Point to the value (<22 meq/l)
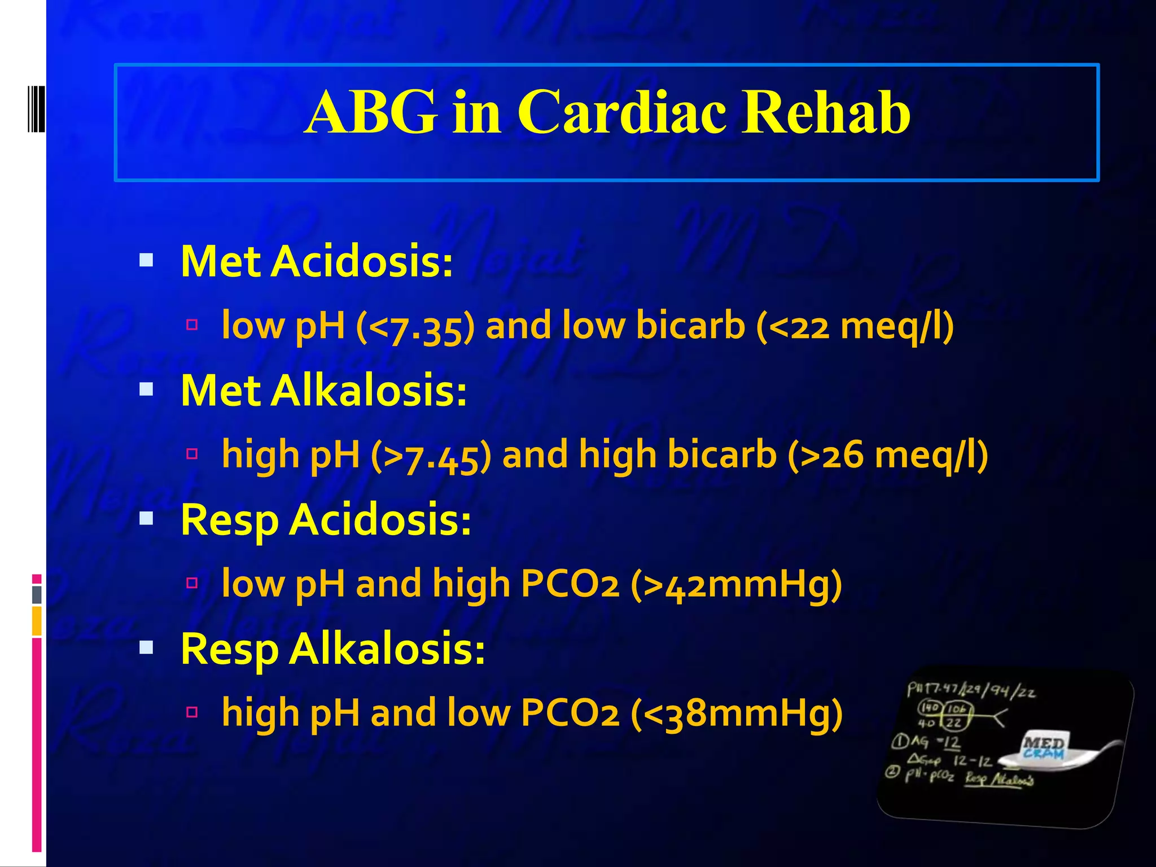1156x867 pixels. point(855,327)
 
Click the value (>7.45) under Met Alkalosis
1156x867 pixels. point(431,456)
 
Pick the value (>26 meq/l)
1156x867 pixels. point(887,456)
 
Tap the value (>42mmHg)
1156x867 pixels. point(736,584)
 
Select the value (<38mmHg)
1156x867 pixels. point(736,713)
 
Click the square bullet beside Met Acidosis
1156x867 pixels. point(146,260)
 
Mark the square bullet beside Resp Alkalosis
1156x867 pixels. point(146,647)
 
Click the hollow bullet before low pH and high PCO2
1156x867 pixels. point(192,583)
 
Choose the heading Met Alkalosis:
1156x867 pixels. point(323,391)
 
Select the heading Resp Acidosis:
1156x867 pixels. point(326,520)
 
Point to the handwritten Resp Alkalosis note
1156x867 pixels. point(999,780)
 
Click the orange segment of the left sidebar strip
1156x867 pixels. point(37,620)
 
